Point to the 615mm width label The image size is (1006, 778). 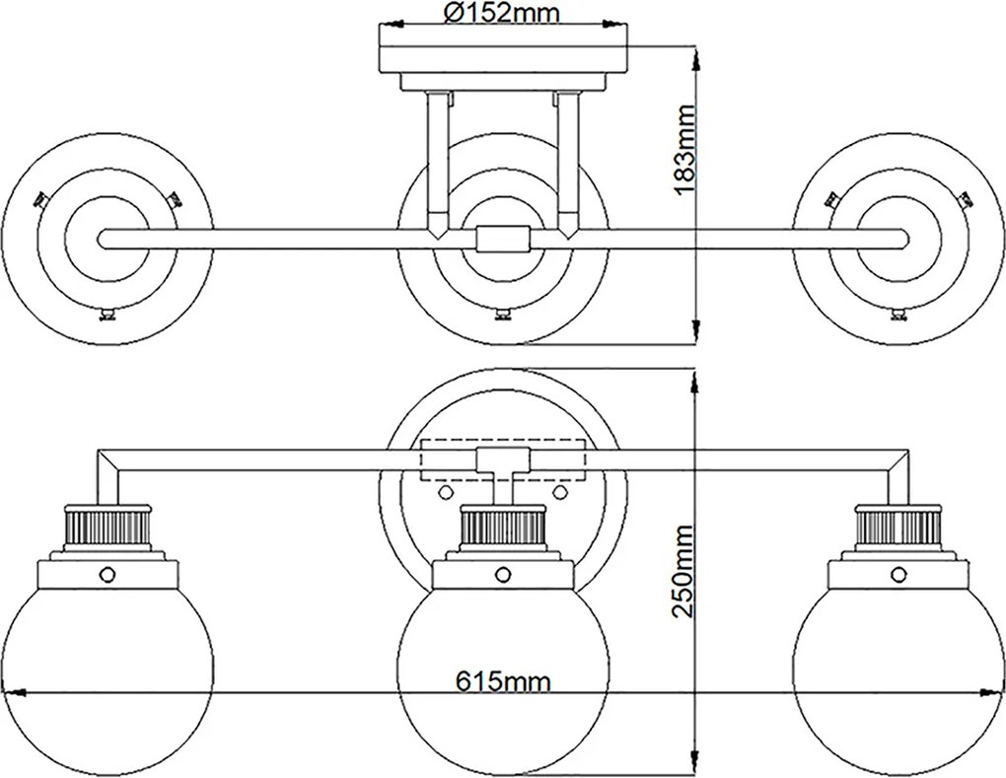coord(503,680)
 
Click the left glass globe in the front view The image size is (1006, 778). coord(107,673)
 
